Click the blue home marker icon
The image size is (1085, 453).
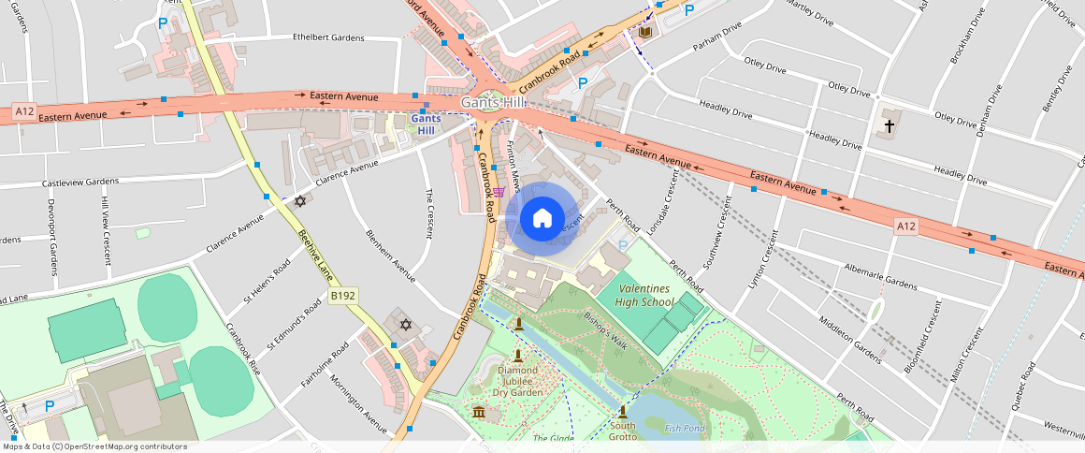(x=542, y=218)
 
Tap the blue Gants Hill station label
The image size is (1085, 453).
(x=426, y=124)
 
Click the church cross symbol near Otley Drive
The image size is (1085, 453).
(x=890, y=124)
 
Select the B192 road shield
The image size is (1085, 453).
(x=343, y=297)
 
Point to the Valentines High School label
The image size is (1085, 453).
(x=644, y=296)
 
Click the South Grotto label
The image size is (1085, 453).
(x=622, y=431)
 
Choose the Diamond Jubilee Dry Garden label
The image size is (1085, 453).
(x=518, y=381)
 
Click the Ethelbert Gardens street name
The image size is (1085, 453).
(x=327, y=38)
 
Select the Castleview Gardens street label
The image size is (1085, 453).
(x=80, y=182)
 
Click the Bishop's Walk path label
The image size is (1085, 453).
(x=604, y=329)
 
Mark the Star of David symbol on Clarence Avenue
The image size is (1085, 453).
(x=300, y=201)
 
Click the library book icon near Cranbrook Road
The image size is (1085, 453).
(x=644, y=33)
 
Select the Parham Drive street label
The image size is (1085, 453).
(x=716, y=40)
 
